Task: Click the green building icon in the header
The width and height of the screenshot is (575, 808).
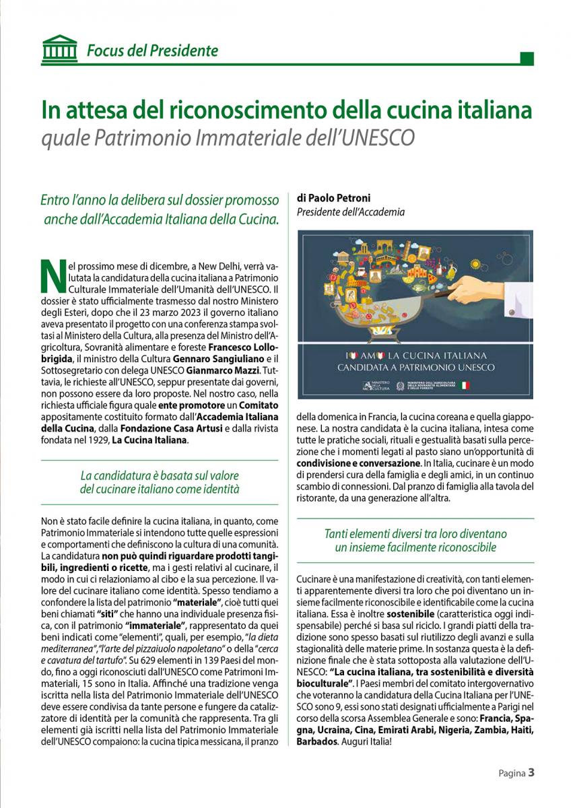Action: coord(59,49)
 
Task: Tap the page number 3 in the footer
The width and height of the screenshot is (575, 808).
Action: coord(531,772)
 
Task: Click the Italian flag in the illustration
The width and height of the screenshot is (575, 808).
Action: coord(465,385)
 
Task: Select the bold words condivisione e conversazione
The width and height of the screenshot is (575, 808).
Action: coord(357,464)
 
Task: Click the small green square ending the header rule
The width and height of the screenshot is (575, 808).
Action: coord(528,59)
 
